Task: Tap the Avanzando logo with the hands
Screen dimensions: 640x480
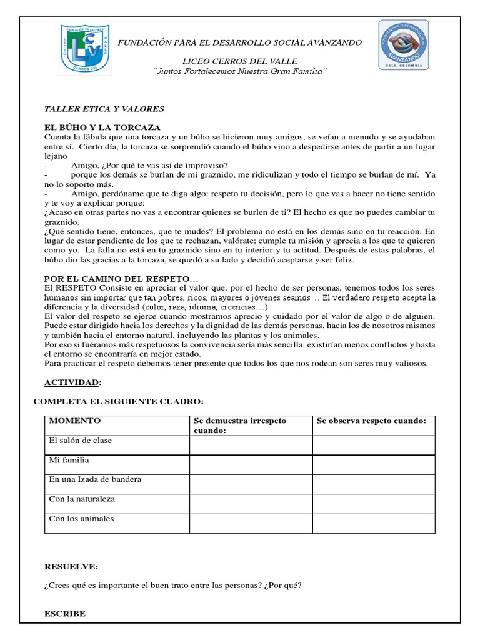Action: point(403,45)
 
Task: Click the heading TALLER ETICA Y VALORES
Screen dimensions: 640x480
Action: point(104,109)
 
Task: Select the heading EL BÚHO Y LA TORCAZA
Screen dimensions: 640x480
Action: point(102,127)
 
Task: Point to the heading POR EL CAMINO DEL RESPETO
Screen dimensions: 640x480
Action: point(121,277)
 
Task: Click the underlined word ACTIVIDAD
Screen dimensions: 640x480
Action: point(72,382)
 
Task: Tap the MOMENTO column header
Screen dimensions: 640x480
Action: point(75,421)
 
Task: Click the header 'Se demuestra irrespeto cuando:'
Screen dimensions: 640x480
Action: point(240,426)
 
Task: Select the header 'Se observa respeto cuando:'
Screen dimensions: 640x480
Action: point(371,421)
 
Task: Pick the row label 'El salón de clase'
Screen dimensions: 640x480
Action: point(81,441)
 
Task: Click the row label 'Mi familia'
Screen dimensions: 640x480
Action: point(69,460)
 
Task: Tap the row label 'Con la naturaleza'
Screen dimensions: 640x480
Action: point(82,499)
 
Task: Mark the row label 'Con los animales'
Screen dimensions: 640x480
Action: point(81,519)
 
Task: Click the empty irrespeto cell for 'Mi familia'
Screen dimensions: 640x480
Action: point(251,464)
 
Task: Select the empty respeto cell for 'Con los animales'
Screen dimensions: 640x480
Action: point(374,523)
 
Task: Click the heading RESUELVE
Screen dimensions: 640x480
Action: point(71,567)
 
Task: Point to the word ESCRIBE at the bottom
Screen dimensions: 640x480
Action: point(65,614)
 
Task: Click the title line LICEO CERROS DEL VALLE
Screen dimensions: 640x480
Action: point(240,61)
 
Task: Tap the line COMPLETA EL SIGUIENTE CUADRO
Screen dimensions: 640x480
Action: point(118,401)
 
